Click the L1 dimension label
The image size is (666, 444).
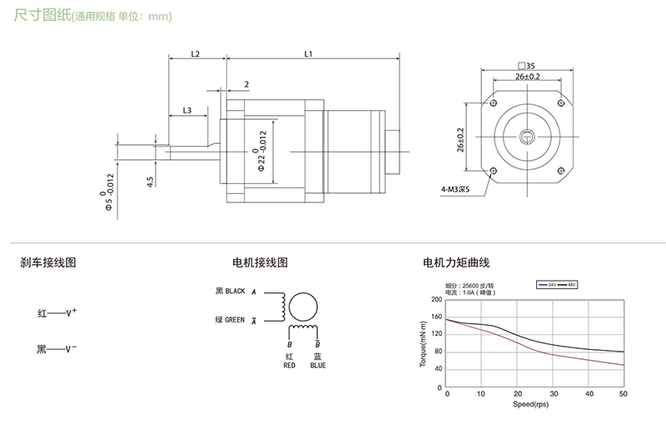308,53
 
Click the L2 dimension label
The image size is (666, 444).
196,53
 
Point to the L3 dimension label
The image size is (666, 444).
186,110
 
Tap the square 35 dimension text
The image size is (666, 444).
525,65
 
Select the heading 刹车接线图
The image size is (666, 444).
48,262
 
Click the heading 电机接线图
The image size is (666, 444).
261,262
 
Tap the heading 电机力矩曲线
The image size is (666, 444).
455,262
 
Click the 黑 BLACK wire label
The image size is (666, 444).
231,292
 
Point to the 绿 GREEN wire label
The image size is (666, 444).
230,319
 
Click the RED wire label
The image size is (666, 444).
289,365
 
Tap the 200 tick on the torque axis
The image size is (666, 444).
437,300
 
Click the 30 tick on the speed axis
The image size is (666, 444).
553,394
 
